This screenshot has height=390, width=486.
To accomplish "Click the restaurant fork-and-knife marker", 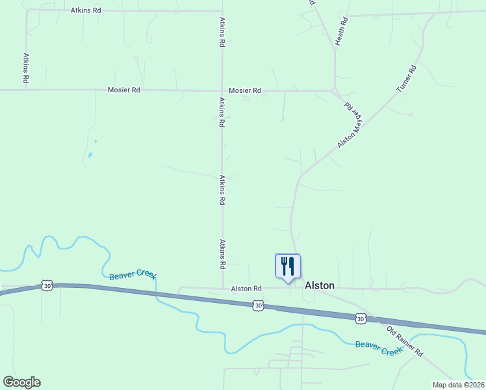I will (x=288, y=266).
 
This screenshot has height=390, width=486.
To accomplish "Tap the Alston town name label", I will (x=320, y=285).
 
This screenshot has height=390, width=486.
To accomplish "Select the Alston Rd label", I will (x=246, y=288).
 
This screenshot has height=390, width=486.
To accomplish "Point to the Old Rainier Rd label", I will (x=405, y=341).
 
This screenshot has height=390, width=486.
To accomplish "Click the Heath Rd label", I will (x=340, y=31).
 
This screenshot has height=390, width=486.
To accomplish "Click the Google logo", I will (x=21, y=382).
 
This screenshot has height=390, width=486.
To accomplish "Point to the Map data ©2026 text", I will (x=458, y=385).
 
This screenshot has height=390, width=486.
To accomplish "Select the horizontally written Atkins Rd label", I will (x=86, y=11).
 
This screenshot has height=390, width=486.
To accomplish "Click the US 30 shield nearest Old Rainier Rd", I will (x=361, y=318).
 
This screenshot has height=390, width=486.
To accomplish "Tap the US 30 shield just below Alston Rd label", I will (x=259, y=305).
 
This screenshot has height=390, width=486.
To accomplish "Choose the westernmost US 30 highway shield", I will (x=46, y=285).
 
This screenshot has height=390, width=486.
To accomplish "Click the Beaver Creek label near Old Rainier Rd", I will (x=379, y=347).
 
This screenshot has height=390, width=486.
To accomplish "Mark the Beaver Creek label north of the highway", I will (x=133, y=276).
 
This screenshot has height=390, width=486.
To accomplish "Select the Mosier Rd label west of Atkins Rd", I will (x=124, y=90).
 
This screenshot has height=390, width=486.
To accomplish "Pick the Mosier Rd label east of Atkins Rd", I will (x=245, y=90).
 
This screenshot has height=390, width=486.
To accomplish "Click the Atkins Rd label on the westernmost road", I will (x=26, y=68).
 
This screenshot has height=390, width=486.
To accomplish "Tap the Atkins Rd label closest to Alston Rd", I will (x=222, y=254).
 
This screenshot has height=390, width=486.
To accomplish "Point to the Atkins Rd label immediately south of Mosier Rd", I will (x=222, y=112).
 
